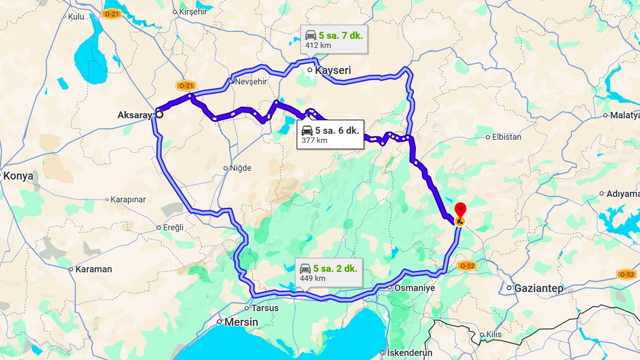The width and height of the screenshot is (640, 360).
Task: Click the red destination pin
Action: (460, 210)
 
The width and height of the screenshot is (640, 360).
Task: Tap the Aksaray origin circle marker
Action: (159, 113)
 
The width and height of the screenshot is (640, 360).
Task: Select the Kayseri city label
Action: (333, 70)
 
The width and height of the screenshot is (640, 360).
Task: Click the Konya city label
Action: (18, 176)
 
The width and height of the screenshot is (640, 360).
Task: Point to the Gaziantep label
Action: (538, 288)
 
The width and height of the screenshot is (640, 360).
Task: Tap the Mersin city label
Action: (241, 322)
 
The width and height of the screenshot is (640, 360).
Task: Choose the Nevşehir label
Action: (251, 82)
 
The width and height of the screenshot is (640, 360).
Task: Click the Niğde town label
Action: (240, 168)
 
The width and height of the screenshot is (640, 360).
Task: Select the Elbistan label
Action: (507, 137)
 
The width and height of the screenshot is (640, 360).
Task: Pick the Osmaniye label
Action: (414, 288)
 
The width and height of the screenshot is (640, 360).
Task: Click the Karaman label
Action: (93, 269)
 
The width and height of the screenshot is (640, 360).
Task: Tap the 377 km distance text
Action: (314, 140)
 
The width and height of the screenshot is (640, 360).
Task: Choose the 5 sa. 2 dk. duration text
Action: (335, 268)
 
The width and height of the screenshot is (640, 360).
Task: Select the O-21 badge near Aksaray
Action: (187, 85)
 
